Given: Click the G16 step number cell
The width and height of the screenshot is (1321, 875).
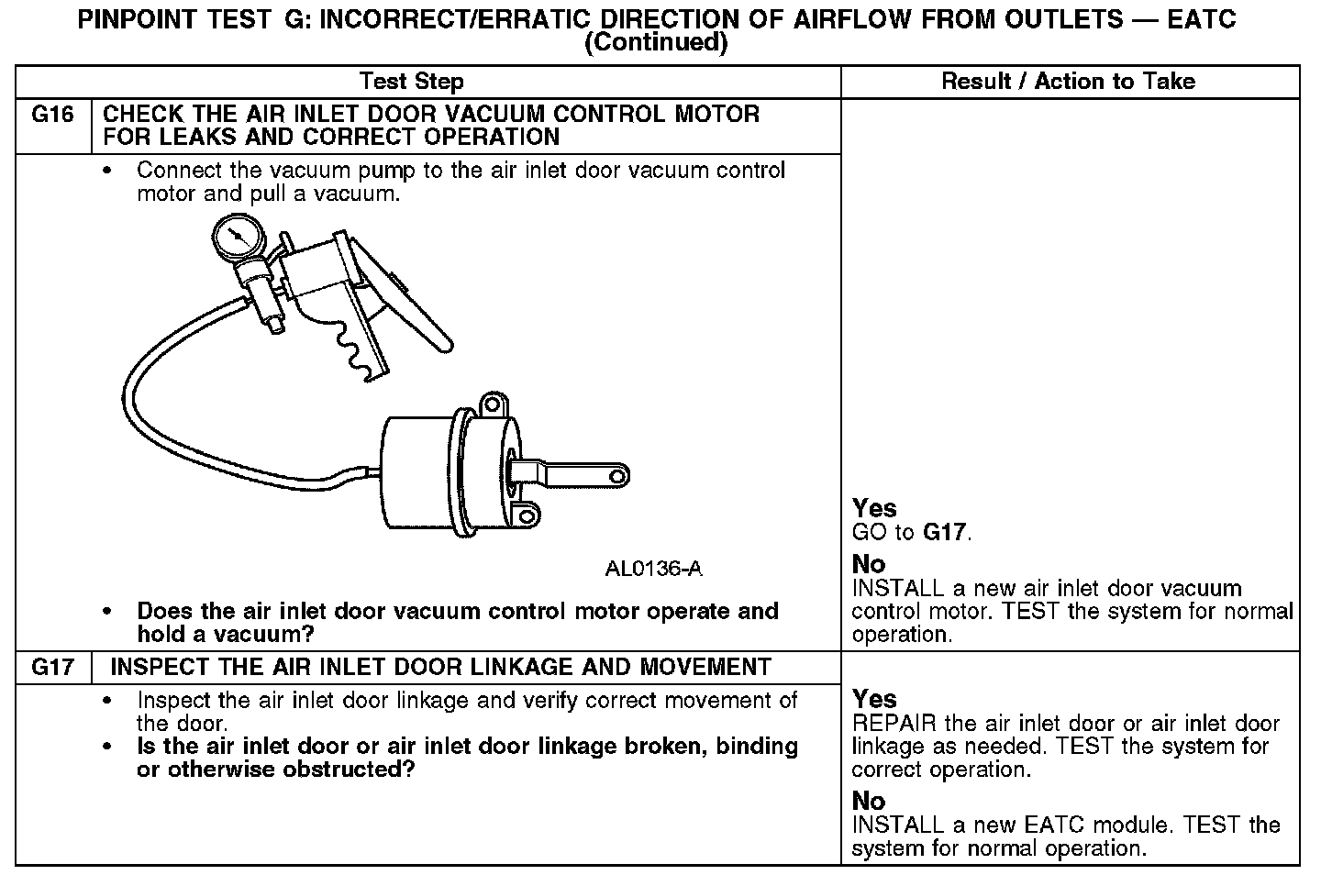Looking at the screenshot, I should coord(52,116).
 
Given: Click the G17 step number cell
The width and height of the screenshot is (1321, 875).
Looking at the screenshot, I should coord(52,668).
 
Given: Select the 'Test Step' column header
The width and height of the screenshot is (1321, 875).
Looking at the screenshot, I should coord(412,82).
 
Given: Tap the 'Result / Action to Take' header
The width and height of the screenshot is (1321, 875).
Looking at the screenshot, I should coord(1069,82).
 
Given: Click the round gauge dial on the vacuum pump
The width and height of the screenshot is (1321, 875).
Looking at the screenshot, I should coord(237,237).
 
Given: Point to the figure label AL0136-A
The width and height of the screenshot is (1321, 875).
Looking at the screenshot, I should coord(654,569).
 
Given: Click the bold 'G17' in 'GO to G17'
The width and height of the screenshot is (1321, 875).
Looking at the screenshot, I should coord(945,532).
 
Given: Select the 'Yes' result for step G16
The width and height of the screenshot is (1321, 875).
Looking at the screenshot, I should coord(874,508).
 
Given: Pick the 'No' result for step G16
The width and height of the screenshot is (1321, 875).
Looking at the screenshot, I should coord(869,563).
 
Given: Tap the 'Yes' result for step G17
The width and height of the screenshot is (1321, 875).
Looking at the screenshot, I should coord(874,699).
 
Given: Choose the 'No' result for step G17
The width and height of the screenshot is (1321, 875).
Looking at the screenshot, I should coord(869,801).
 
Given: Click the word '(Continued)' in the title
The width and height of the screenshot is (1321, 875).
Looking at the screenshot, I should coord(656,42).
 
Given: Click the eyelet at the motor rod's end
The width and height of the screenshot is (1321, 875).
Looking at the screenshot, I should coord(617,475).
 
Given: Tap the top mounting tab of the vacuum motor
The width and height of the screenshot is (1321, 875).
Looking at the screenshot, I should coord(494,404).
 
